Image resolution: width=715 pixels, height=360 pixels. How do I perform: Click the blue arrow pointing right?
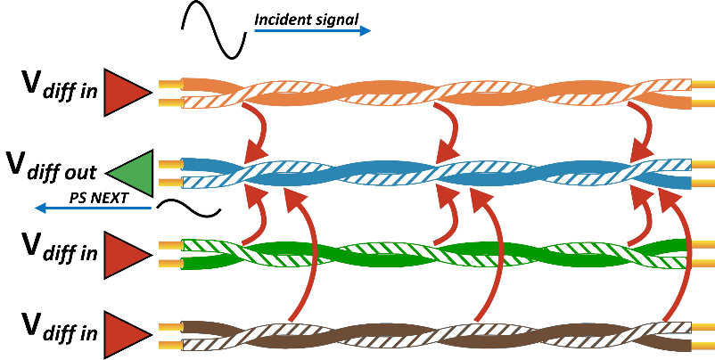click(312, 31)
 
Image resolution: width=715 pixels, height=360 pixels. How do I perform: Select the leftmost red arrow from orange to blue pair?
click(259, 130)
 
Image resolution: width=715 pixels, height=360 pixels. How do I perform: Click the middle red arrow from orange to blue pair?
click(450, 130)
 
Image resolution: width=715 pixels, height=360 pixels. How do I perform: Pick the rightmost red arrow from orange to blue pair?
click(644, 130)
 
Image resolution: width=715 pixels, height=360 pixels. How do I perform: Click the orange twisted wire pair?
click(437, 93)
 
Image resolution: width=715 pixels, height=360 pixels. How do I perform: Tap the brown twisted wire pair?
click(437, 334)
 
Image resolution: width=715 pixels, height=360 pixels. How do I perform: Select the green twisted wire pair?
click(437, 254)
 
